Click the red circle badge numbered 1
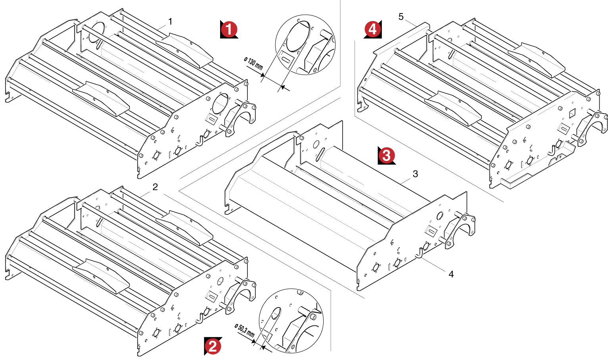[229, 29]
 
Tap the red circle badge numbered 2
[213, 346]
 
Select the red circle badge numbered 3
[386, 155]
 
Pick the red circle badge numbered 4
[372, 29]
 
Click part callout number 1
[170, 21]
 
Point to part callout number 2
[155, 187]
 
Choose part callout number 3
[415, 174]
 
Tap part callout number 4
[451, 274]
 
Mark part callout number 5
[401, 17]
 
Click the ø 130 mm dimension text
[254, 64]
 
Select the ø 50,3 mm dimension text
[244, 330]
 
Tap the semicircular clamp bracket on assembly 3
[460, 230]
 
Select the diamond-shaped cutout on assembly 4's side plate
[572, 114]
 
